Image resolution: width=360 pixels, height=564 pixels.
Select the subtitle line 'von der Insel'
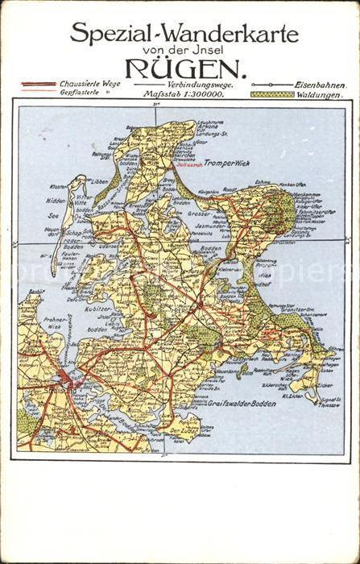click(184, 50)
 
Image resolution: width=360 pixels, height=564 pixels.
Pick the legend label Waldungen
click(320, 94)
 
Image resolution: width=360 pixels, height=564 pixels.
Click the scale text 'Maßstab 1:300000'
click(182, 94)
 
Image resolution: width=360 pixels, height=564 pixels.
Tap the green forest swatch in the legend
click(271, 94)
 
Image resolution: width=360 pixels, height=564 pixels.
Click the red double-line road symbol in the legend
click(38, 84)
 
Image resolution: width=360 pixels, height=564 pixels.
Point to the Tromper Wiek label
click(228, 163)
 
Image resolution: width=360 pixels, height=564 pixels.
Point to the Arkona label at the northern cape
click(207, 126)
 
